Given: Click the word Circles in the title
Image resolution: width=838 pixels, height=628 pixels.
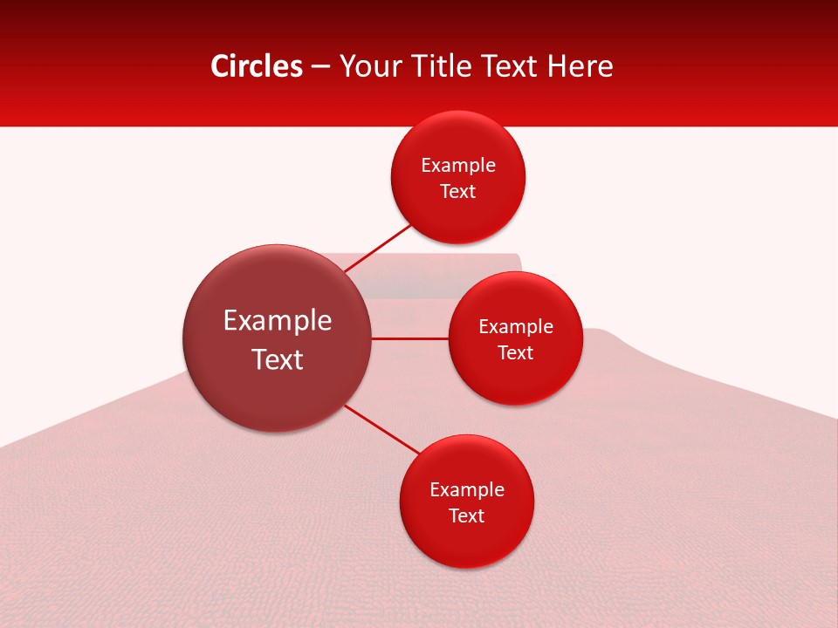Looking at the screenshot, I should pyautogui.click(x=257, y=66).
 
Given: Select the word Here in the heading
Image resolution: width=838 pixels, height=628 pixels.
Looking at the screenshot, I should pyautogui.click(x=580, y=66).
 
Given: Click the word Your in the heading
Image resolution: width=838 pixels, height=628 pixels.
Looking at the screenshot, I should pyautogui.click(x=369, y=66).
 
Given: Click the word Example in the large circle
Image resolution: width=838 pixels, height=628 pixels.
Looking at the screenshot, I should pyautogui.click(x=278, y=321).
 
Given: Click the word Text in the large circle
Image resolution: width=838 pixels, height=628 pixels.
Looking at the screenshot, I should pyautogui.click(x=278, y=359).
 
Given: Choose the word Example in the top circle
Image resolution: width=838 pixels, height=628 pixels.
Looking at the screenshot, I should pyautogui.click(x=458, y=166).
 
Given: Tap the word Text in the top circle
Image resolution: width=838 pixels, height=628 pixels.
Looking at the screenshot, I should pyautogui.click(x=458, y=192).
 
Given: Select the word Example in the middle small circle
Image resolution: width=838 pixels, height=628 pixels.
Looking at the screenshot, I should pyautogui.click(x=516, y=327).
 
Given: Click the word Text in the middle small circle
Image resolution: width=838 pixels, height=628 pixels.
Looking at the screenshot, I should pyautogui.click(x=516, y=353).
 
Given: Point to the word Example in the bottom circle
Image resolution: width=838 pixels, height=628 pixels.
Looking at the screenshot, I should pyautogui.click(x=467, y=490).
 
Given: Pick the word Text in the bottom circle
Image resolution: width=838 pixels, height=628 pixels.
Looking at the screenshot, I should pyautogui.click(x=467, y=516).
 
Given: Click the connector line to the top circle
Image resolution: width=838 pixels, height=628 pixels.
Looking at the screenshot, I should pyautogui.click(x=377, y=248).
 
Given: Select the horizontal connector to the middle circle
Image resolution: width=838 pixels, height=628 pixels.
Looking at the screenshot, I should pyautogui.click(x=409, y=338).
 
